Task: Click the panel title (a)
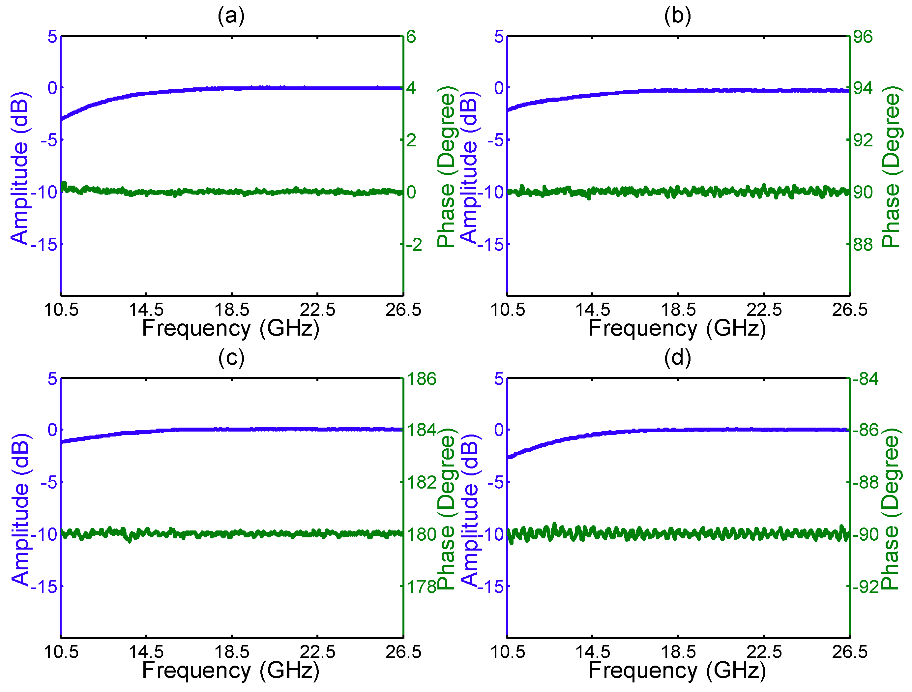coord(231,16)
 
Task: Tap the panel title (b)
coord(677,16)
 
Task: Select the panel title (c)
coord(231,358)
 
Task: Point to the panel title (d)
coord(677,358)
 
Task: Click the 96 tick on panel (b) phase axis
coord(863,37)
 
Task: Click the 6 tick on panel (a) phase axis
coord(411,37)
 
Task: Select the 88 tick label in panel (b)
coord(863,245)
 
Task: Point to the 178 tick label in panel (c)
coord(421,587)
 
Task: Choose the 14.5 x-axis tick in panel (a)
coord(146,310)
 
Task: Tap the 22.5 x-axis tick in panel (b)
coord(764,310)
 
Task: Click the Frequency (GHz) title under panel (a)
coord(231,329)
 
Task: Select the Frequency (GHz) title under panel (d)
coord(677,671)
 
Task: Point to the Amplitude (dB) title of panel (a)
coord(19,168)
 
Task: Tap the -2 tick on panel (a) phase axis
coord(414,245)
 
